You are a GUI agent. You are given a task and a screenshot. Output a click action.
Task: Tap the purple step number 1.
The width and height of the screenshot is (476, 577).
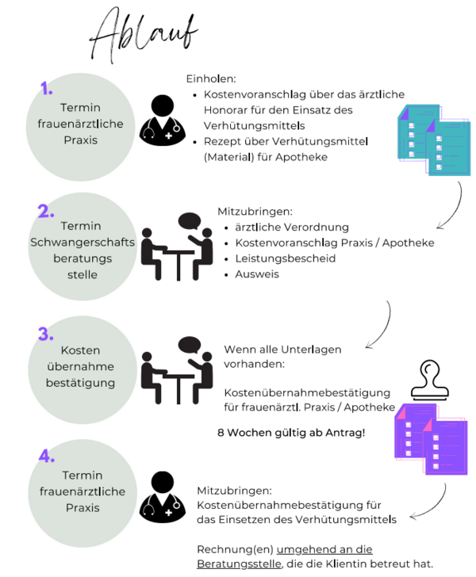(47, 88)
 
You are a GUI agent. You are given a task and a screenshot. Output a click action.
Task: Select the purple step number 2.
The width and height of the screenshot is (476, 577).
(46, 212)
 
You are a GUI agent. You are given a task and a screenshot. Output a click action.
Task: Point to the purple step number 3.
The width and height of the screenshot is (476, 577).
(46, 334)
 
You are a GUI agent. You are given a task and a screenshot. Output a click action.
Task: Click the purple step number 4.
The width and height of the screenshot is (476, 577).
(47, 456)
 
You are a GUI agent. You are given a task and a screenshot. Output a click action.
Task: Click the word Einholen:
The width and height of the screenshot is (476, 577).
(211, 79)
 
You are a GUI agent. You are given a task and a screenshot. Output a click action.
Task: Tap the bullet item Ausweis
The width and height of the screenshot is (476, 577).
(257, 274)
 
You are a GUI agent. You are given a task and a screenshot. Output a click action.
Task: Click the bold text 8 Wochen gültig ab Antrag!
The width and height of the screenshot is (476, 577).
(291, 433)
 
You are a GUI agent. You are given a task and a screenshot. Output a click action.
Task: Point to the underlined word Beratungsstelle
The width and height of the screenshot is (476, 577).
(239, 564)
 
